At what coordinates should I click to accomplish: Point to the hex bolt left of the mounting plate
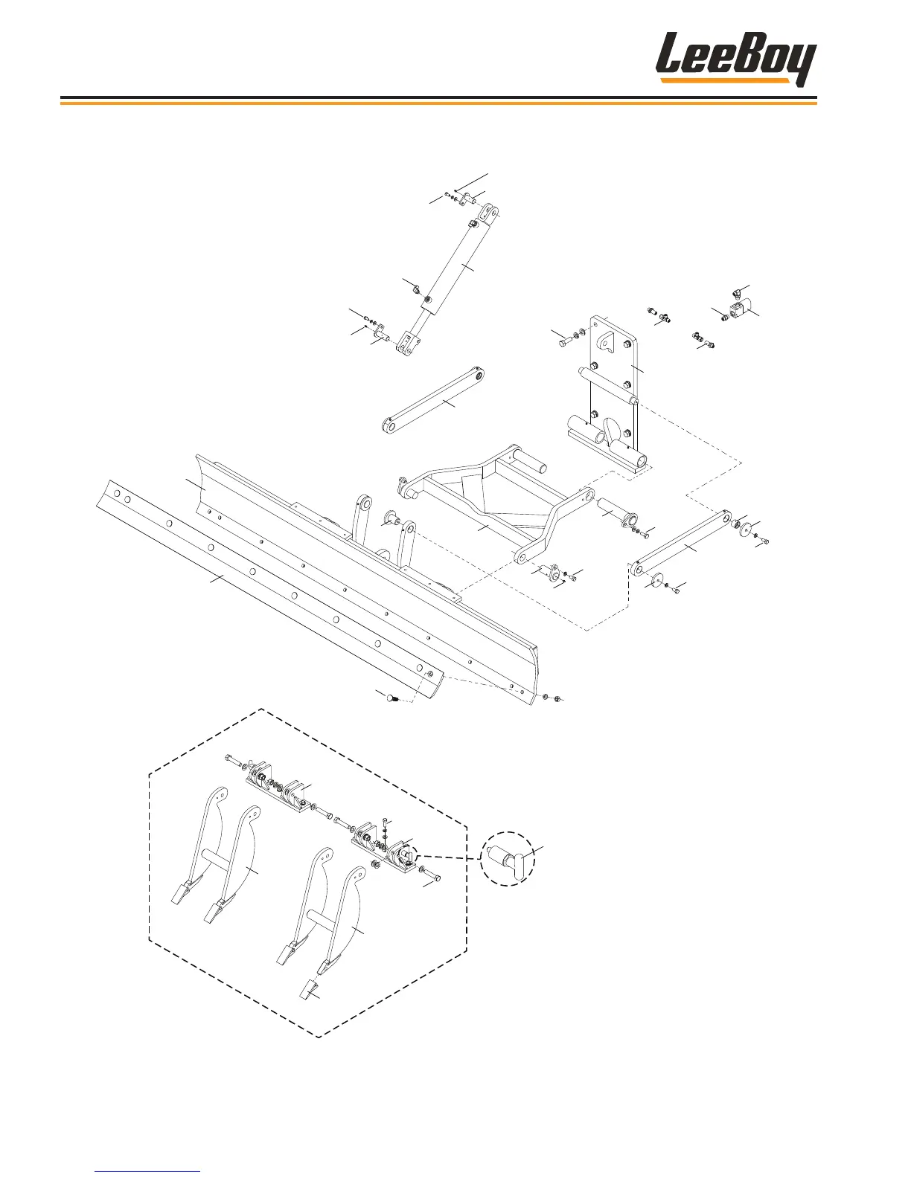pos(563,343)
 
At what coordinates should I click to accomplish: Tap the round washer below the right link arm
pos(656,579)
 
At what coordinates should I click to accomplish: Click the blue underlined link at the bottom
pos(148,1171)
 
